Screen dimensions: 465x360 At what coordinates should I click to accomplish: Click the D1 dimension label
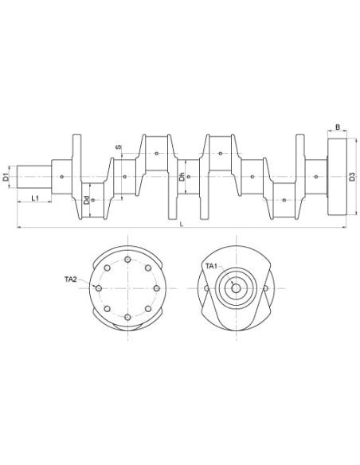tap(6, 177)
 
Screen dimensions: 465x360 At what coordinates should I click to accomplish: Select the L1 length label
tap(35, 197)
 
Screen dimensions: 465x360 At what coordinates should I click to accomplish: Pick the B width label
tap(338, 127)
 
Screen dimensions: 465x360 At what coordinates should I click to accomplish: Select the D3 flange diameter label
tap(352, 177)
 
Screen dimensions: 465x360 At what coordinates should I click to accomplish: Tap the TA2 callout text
tap(71, 279)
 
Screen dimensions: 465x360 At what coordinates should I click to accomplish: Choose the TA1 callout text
tap(211, 265)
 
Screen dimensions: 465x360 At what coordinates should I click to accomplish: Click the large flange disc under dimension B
tap(337, 176)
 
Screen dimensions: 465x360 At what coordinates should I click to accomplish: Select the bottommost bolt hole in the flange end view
tap(127, 318)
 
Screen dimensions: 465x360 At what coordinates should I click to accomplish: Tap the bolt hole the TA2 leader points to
tap(98, 288)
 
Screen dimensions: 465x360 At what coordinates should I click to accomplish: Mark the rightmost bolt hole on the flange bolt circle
tap(157, 288)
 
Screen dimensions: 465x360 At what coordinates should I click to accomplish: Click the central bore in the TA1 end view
tap(237, 288)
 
